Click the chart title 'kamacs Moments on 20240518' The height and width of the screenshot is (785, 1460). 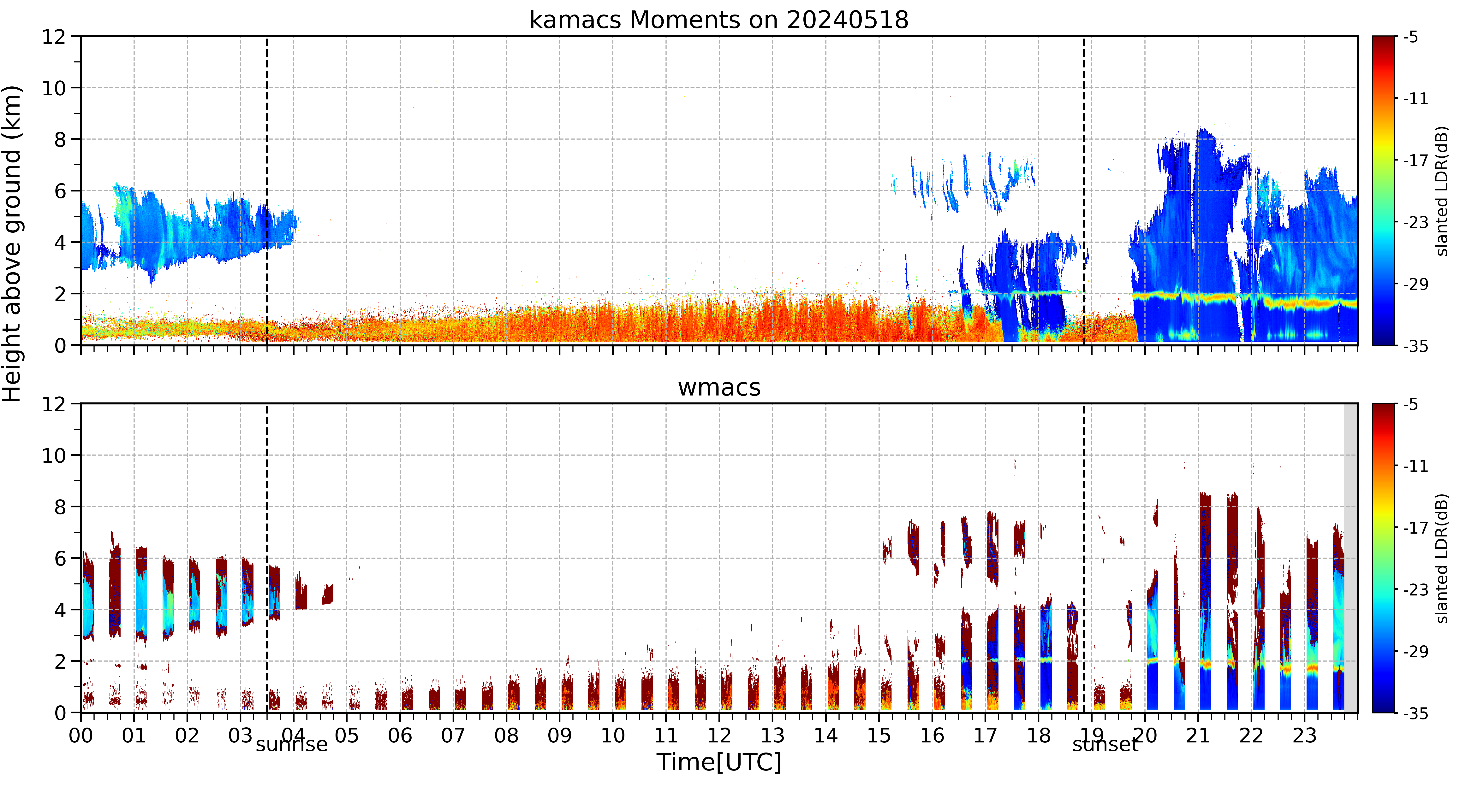click(x=719, y=20)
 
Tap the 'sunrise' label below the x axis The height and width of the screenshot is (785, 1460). click(x=291, y=744)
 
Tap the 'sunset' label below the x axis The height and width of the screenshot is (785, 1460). click(x=1105, y=744)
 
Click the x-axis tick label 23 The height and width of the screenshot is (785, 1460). click(x=1304, y=736)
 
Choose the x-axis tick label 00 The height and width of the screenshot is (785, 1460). click(x=81, y=736)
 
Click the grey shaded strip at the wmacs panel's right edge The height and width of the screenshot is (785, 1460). click(x=1351, y=558)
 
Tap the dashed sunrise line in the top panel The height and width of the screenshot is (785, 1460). click(x=267, y=190)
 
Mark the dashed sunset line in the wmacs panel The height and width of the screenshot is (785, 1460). click(x=1084, y=558)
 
